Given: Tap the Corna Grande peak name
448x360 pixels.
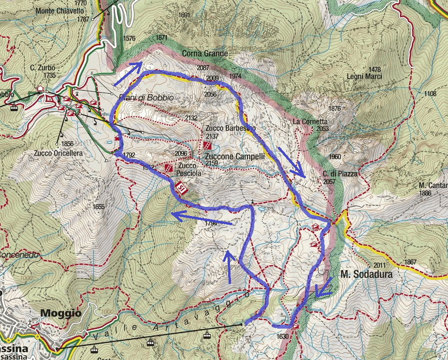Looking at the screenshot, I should (204, 53).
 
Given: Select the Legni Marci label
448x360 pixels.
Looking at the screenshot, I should (364, 76).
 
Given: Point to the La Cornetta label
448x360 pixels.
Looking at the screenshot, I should (310, 122).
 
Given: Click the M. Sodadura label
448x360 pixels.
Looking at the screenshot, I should (366, 274).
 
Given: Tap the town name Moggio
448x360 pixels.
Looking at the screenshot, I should (60, 313).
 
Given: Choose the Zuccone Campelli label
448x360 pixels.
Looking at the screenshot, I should (234, 157).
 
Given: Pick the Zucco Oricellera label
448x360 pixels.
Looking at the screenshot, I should (58, 153).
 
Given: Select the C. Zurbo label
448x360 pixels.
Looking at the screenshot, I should (43, 68).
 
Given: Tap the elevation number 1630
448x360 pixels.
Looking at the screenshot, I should (283, 336).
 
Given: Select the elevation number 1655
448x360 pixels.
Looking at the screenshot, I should (99, 207).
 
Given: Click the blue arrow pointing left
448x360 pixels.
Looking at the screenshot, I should (201, 218).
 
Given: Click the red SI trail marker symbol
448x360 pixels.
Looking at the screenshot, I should (181, 188).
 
